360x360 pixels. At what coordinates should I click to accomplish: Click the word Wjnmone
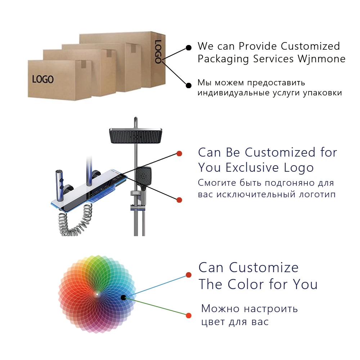click(x=321, y=59)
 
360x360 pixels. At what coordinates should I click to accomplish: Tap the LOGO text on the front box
click(x=43, y=79)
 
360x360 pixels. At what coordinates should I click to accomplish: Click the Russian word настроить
click(x=270, y=309)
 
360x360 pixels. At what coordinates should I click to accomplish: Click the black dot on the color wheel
click(x=123, y=297)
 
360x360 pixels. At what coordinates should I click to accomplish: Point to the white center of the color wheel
click(x=96, y=294)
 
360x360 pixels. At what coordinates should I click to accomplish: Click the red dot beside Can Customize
click(x=189, y=275)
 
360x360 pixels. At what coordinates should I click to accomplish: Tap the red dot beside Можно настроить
click(x=189, y=316)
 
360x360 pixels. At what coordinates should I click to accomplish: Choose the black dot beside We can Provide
click(x=188, y=48)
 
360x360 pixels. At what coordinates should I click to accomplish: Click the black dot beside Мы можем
click(x=188, y=85)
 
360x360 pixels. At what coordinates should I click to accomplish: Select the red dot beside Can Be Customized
click(x=179, y=154)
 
